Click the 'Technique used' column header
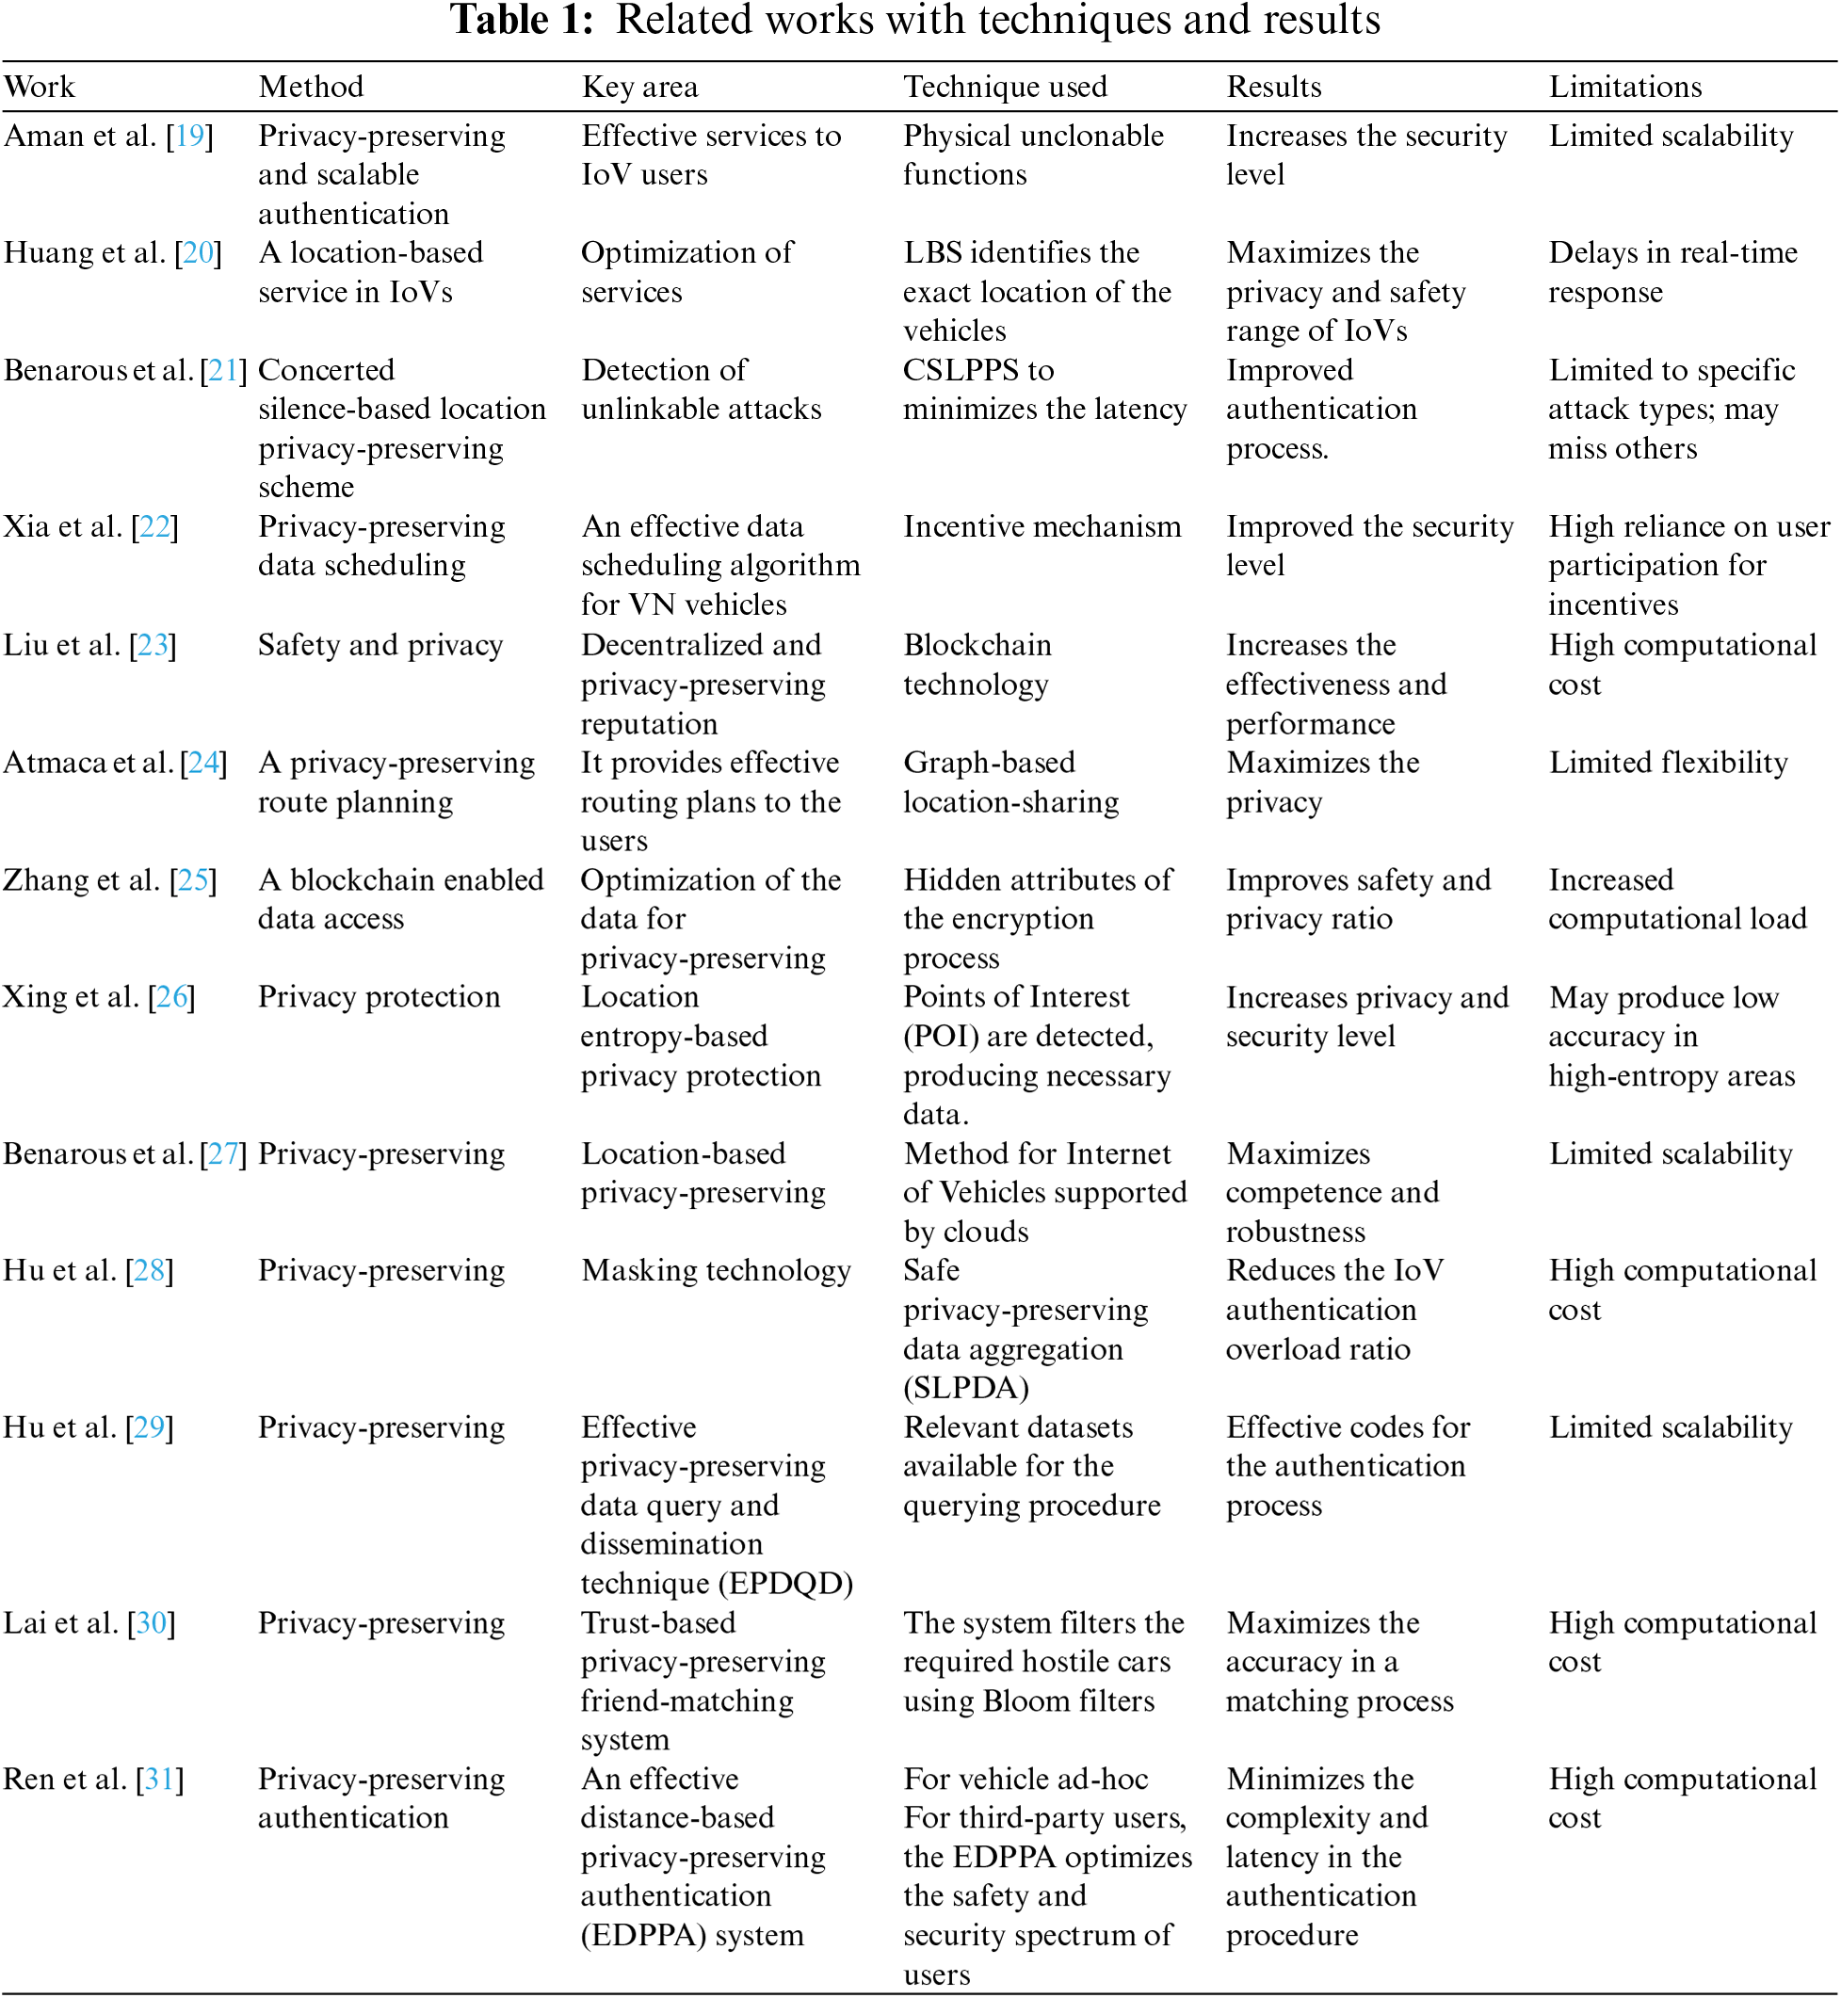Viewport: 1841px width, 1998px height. pyautogui.click(x=1004, y=87)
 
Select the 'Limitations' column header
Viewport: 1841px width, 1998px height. pyautogui.click(x=1623, y=87)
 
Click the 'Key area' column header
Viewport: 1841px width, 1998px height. pyautogui.click(x=639, y=87)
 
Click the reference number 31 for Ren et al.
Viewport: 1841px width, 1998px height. pyautogui.click(x=159, y=1779)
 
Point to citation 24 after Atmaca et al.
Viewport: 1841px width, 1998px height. pyautogui.click(x=203, y=763)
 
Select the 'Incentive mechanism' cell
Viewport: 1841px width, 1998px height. pyautogui.click(x=1042, y=527)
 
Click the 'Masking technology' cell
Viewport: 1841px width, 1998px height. pyautogui.click(x=716, y=1271)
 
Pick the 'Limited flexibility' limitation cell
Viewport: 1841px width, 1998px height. pyautogui.click(x=1668, y=763)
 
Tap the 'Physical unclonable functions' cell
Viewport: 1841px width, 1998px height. pyautogui.click(x=1033, y=154)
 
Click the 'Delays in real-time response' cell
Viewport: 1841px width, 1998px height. pyautogui.click(x=1671, y=272)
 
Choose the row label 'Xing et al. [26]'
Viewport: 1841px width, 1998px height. pyautogui.click(x=99, y=997)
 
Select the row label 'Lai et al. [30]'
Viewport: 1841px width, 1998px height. pyautogui.click(x=89, y=1623)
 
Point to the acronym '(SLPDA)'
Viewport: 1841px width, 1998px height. pyautogui.click(x=965, y=1388)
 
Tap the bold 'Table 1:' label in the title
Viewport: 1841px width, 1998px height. pyautogui.click(x=521, y=20)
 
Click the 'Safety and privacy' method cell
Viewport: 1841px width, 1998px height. pyautogui.click(x=380, y=645)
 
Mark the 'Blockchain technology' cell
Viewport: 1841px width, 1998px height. pyautogui.click(x=977, y=665)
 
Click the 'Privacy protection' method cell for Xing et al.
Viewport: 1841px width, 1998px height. pyautogui.click(x=379, y=997)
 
